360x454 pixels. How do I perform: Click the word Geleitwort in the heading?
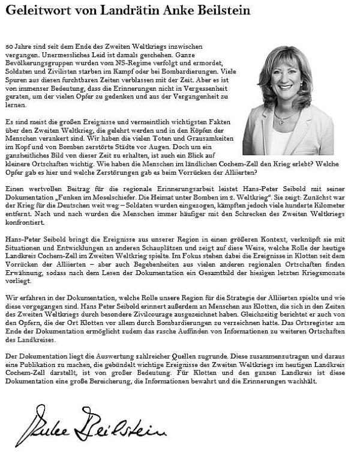pos(37,11)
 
